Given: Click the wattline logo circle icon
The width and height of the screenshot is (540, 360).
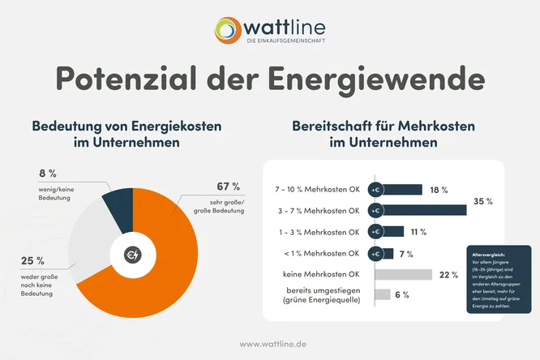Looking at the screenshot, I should click(x=228, y=28).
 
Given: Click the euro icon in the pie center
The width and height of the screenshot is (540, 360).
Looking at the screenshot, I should click(x=132, y=255).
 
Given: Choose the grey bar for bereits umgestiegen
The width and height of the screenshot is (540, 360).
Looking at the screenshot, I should click(x=382, y=294).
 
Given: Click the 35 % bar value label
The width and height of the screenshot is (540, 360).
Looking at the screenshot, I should click(x=483, y=200).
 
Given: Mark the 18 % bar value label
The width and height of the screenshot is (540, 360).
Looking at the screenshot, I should click(x=439, y=190).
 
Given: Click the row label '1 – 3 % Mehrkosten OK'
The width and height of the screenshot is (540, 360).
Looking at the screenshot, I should click(x=317, y=232).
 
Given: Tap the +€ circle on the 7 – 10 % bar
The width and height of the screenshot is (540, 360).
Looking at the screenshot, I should click(x=375, y=190).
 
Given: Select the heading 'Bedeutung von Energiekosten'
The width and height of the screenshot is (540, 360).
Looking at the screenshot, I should click(x=126, y=127).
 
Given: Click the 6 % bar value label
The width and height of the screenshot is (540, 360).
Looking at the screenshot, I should click(x=401, y=295).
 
